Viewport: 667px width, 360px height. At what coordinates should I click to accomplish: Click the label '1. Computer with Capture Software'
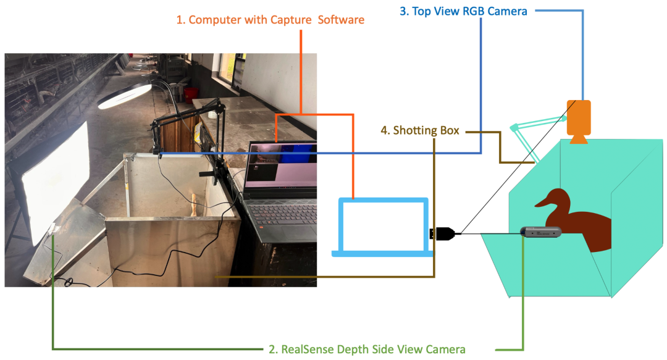click(x=271, y=20)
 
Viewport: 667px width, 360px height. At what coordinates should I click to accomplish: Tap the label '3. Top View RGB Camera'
click(x=463, y=10)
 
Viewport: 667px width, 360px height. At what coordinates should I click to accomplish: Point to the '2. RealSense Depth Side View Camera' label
click(x=367, y=350)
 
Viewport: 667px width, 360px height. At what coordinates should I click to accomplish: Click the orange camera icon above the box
click(x=579, y=118)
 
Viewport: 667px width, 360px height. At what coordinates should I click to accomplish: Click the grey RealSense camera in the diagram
click(x=541, y=232)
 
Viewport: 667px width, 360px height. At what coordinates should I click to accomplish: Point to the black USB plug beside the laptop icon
click(x=444, y=233)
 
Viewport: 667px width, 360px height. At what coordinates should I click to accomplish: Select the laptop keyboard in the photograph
click(x=278, y=213)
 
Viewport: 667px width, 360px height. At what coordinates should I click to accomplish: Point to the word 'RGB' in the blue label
click(x=475, y=10)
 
